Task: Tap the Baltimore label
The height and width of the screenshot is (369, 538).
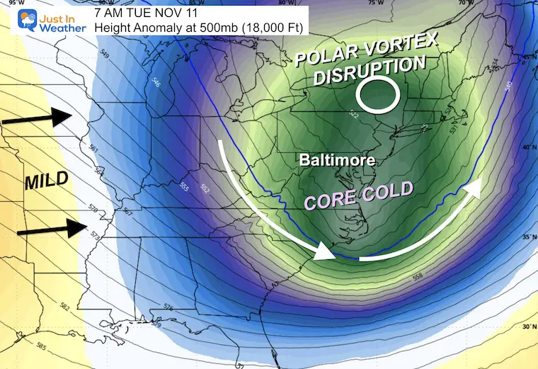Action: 336,161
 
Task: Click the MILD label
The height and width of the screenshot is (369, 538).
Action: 46,181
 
